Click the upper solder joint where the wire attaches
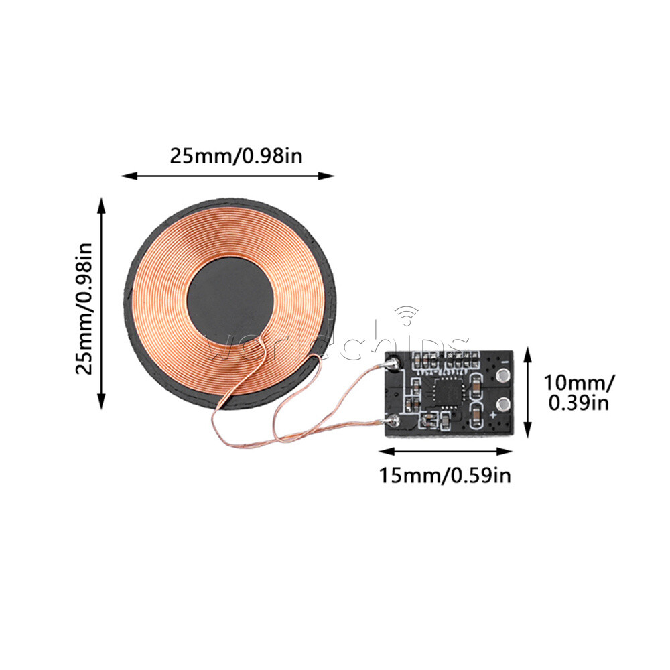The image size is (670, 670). (394, 364)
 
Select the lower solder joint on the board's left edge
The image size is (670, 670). (394, 421)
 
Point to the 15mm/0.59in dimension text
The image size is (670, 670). (446, 476)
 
